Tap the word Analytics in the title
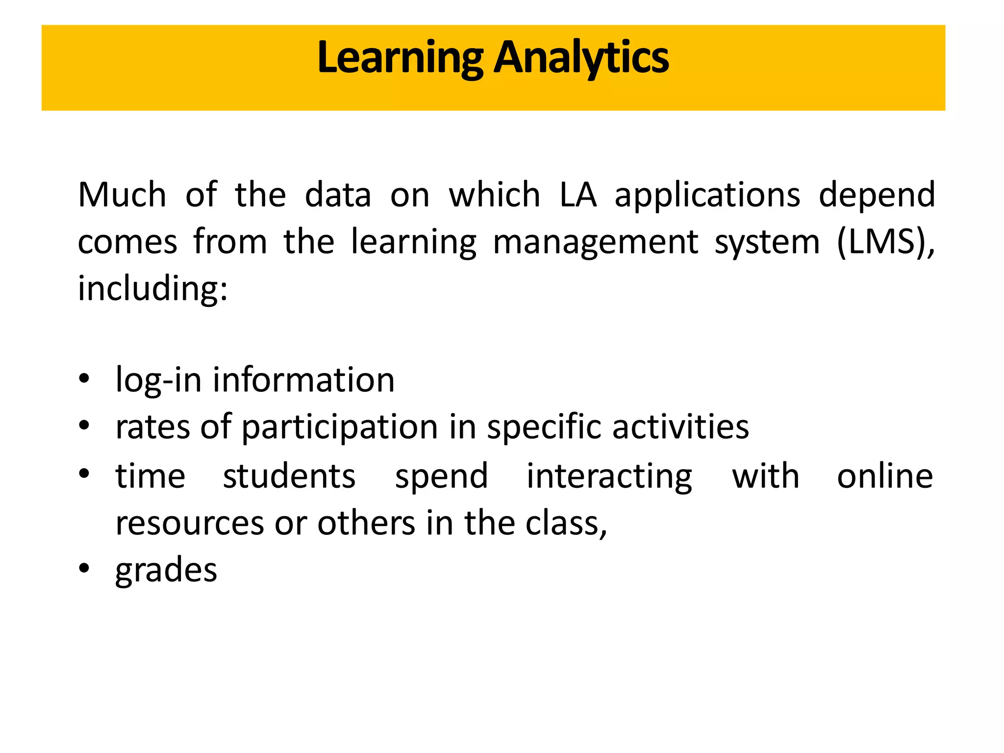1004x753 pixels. tap(581, 58)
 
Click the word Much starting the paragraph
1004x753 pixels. tap(122, 195)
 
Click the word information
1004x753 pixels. tap(303, 380)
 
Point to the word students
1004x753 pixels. tap(289, 476)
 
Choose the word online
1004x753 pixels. tap(885, 476)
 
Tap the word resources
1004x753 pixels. tap(190, 523)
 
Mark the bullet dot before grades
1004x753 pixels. tap(84, 568)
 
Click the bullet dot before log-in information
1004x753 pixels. tap(84, 378)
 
